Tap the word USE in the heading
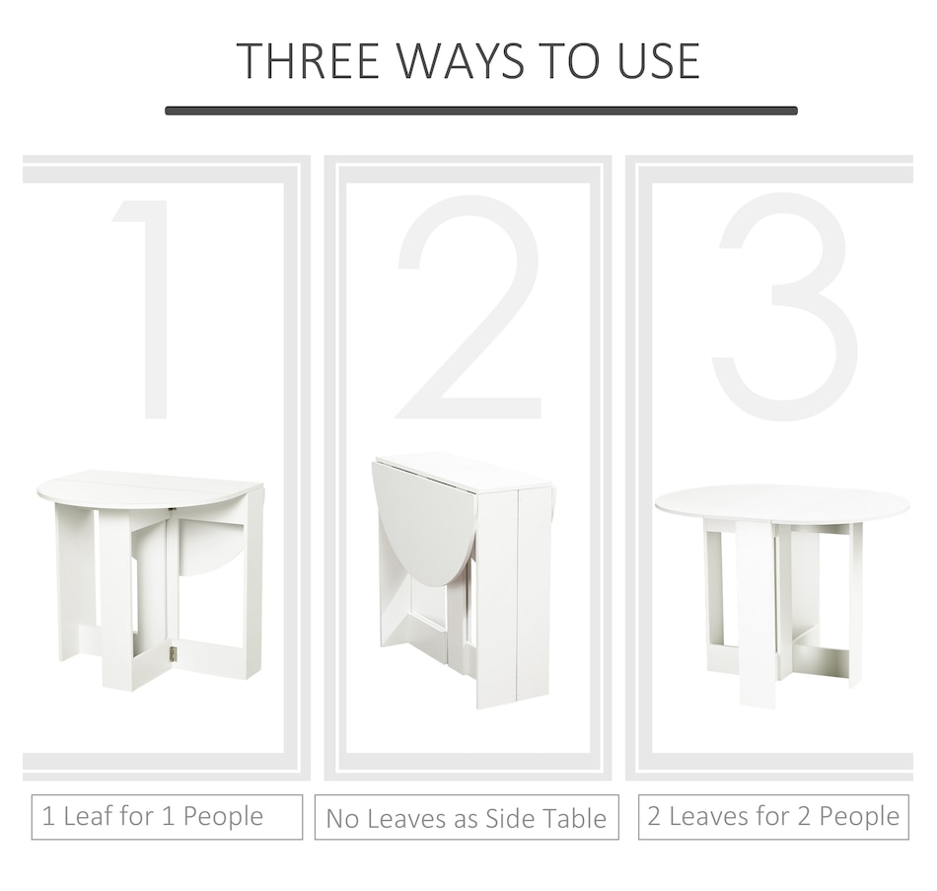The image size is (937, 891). (x=658, y=61)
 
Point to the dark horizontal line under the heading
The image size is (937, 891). (x=481, y=111)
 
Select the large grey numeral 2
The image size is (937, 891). (x=468, y=308)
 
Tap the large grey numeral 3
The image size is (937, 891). (x=785, y=306)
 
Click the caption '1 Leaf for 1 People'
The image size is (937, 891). (x=152, y=816)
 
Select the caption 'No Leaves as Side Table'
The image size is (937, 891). (x=467, y=819)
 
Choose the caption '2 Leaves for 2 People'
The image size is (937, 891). (x=773, y=816)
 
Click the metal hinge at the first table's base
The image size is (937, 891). (x=174, y=654)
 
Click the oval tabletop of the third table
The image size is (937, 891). (x=782, y=507)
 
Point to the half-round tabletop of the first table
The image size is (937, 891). (x=149, y=489)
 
